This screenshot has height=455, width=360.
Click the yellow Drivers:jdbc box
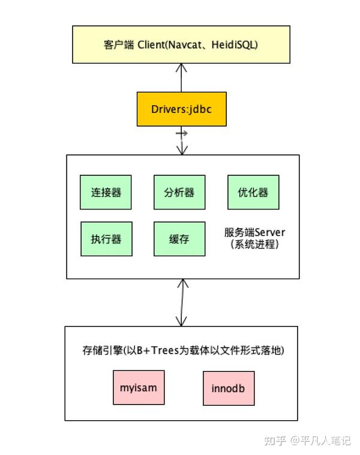click(x=182, y=109)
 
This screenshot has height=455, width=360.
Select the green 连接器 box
click(x=106, y=192)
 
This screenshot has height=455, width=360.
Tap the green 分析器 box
click(x=179, y=192)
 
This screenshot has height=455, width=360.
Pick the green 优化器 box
click(x=253, y=192)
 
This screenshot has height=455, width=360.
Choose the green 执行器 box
click(x=106, y=239)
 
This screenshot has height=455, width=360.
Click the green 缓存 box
click(x=179, y=239)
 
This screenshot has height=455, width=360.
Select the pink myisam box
click(x=139, y=387)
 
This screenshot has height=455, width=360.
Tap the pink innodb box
click(x=229, y=388)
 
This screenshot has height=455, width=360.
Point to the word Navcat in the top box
click(x=184, y=44)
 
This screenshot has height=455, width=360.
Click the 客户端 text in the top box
click(x=119, y=44)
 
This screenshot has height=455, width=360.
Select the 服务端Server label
click(x=254, y=232)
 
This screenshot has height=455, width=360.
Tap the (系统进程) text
click(x=254, y=244)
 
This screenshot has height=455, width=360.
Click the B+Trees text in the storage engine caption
click(x=158, y=351)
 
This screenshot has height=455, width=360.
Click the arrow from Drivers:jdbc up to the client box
click(x=181, y=77)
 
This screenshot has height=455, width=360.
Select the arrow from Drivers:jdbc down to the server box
click(x=182, y=140)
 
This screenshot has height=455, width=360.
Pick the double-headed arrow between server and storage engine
click(x=182, y=303)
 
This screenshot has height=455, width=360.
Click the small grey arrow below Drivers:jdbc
click(x=182, y=133)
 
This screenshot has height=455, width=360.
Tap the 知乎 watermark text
click(x=275, y=441)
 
